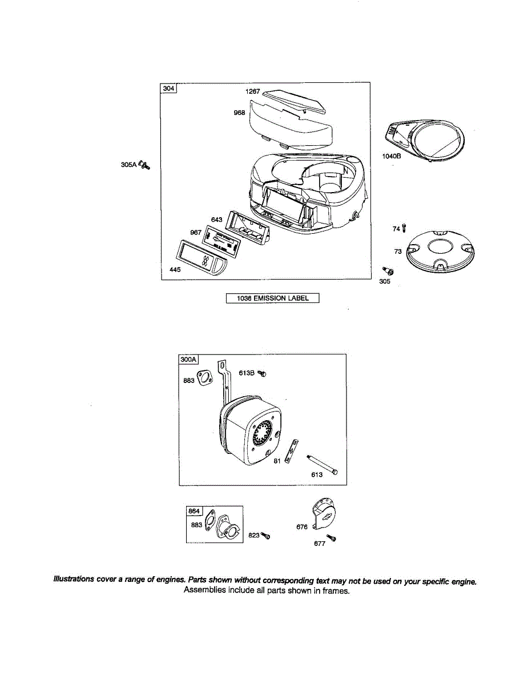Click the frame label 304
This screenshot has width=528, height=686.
[169, 89]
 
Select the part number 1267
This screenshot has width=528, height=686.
[253, 91]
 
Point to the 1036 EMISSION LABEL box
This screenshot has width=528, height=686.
[272, 298]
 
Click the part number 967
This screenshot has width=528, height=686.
[196, 232]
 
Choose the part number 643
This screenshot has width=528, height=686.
[216, 220]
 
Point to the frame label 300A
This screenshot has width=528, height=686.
[188, 360]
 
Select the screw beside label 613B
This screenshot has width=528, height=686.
[262, 373]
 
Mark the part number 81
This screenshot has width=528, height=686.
[276, 461]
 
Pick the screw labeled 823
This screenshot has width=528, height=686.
[265, 536]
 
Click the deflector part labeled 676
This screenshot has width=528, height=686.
[321, 515]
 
